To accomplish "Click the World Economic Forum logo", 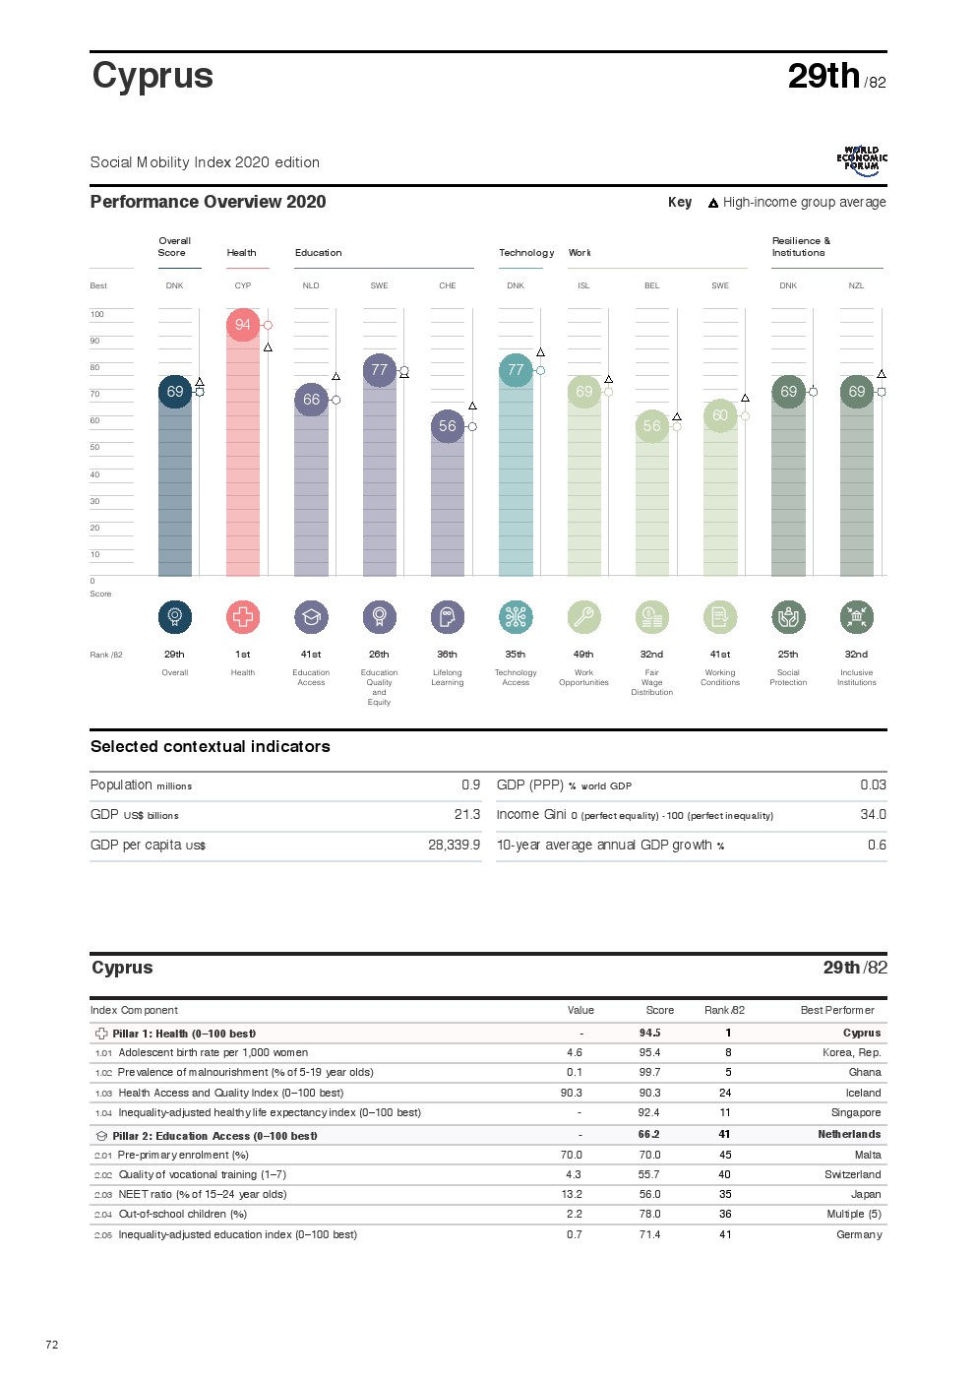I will [x=862, y=160].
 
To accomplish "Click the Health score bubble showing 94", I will [x=243, y=325].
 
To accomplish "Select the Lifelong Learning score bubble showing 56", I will [x=448, y=426].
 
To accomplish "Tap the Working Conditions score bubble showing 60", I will [x=720, y=415].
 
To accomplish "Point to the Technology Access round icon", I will [x=516, y=617].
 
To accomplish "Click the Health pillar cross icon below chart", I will [x=243, y=617].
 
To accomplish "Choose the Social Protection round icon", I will [x=788, y=617].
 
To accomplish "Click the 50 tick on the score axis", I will [x=95, y=447].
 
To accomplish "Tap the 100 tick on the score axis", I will [x=97, y=314].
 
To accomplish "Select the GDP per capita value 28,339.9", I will [x=454, y=845].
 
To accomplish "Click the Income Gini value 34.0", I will [x=873, y=814].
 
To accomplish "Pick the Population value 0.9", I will [x=470, y=785].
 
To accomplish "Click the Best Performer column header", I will [x=837, y=1010].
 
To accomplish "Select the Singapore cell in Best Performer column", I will [x=855, y=1112].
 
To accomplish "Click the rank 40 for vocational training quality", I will [x=724, y=1174].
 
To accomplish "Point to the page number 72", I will [x=52, y=1345].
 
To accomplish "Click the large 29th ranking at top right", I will [x=823, y=76].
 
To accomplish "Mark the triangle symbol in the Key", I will [x=713, y=203].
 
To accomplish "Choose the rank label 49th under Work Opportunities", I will [x=583, y=654].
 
